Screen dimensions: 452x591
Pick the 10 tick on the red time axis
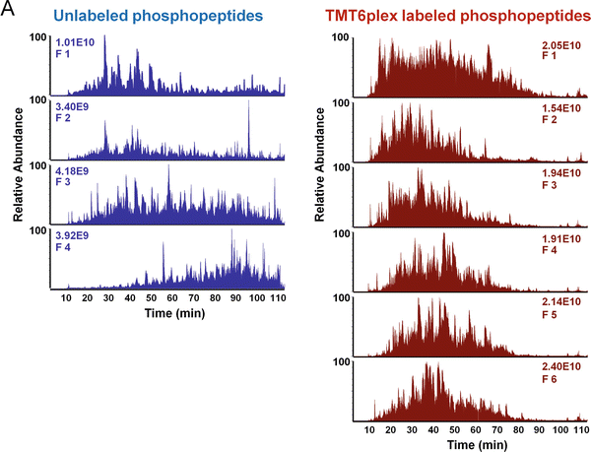click(x=369, y=429)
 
